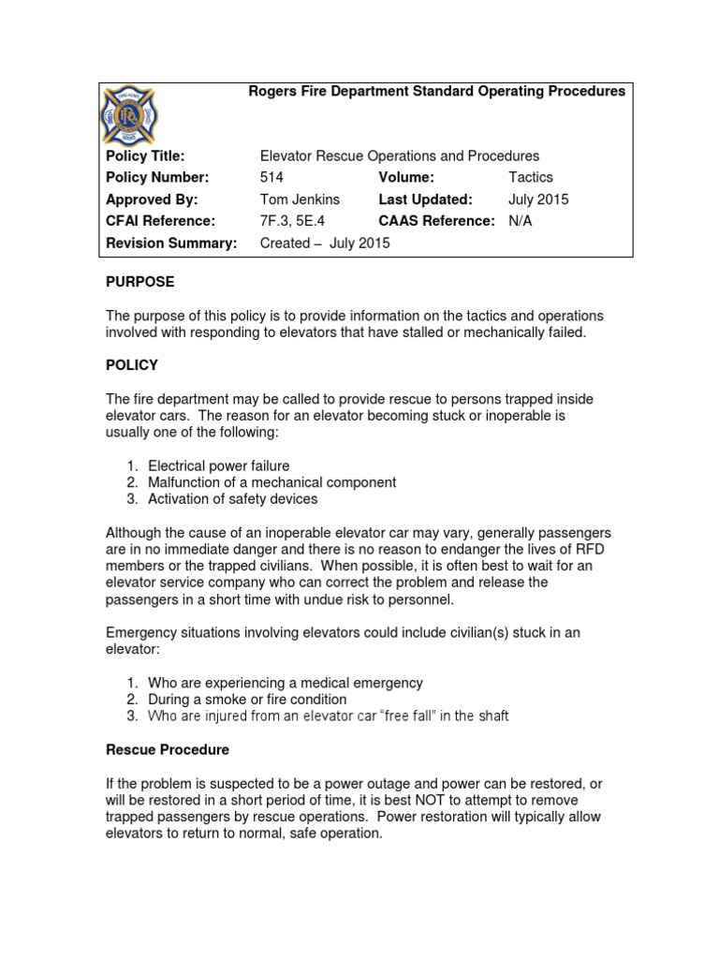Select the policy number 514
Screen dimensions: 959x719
(271, 177)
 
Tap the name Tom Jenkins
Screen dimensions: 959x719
(300, 199)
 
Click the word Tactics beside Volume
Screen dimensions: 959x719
(531, 177)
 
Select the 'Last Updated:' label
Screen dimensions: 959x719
(425, 199)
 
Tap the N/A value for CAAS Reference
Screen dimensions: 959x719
(520, 221)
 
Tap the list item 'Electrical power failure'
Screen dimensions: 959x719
(219, 465)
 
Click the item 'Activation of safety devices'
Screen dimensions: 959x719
(233, 499)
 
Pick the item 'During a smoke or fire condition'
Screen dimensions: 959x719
(247, 700)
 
